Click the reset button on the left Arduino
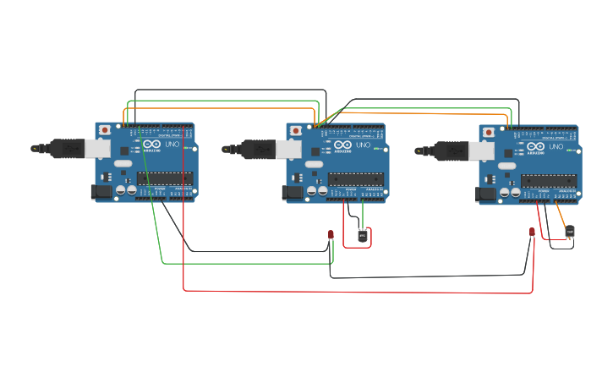coord(104,130)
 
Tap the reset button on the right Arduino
coord(488,132)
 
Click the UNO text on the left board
coord(172,145)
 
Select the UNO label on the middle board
coord(364,145)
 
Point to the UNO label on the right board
coord(556,147)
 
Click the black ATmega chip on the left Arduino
coord(165,178)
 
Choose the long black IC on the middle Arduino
coord(356,179)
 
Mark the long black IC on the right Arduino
coord(549,180)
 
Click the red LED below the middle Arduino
coord(331,234)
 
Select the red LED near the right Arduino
coord(532,232)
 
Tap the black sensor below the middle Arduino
coord(363,235)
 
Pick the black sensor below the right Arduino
coord(570,231)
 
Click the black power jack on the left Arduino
coord(101,192)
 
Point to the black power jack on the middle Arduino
coord(293,193)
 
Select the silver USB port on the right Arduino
coord(481,151)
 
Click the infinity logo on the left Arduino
coord(152,145)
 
